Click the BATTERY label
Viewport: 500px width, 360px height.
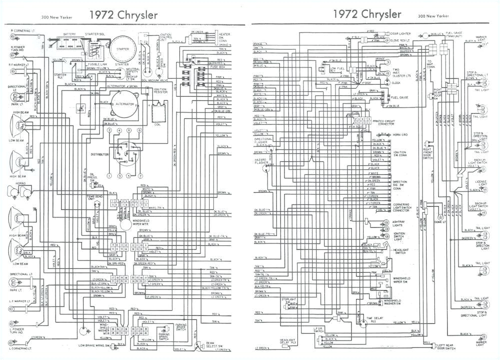(69, 34)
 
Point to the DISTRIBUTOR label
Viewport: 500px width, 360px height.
(99, 155)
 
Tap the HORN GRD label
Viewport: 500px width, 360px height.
(400, 134)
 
